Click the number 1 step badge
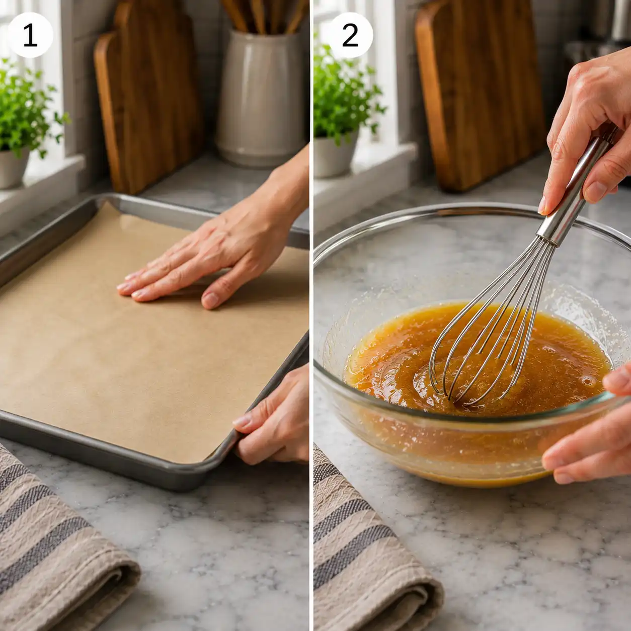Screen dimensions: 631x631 pos(30,35)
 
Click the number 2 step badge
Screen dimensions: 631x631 pos(350,35)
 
